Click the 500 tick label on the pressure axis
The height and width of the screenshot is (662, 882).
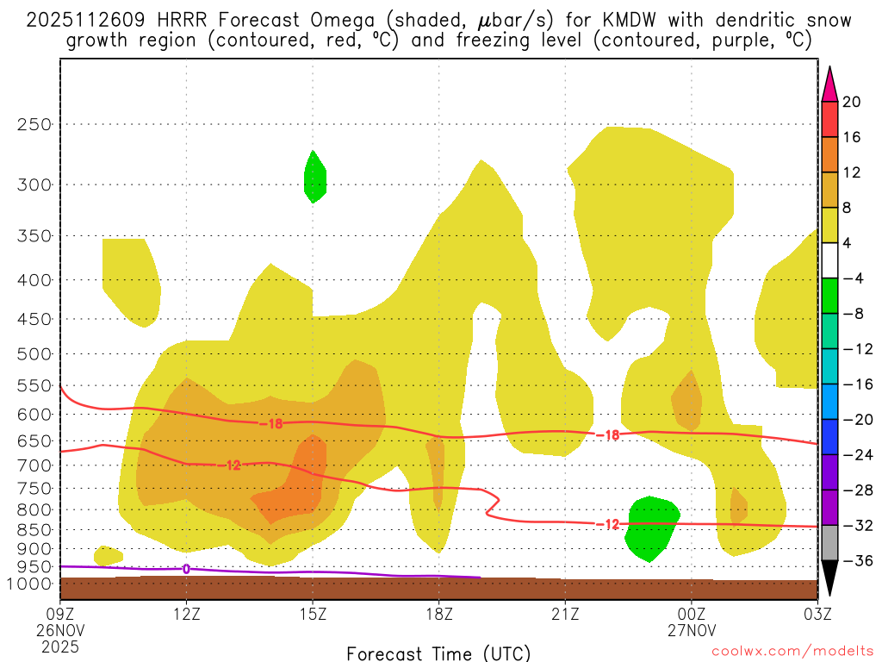[x=34, y=353]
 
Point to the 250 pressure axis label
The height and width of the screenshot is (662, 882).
[x=34, y=124]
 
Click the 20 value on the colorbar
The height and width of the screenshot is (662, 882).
[x=852, y=102]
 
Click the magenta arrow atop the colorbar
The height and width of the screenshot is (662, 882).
[x=829, y=83]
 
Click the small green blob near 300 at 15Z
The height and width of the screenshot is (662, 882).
[x=315, y=177]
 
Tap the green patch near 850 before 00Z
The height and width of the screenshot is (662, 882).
[x=652, y=528]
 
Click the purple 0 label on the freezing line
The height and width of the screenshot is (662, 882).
[x=186, y=569]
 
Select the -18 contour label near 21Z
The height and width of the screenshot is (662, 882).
[x=607, y=435]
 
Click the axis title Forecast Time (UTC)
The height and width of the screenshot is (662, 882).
[x=438, y=653]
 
